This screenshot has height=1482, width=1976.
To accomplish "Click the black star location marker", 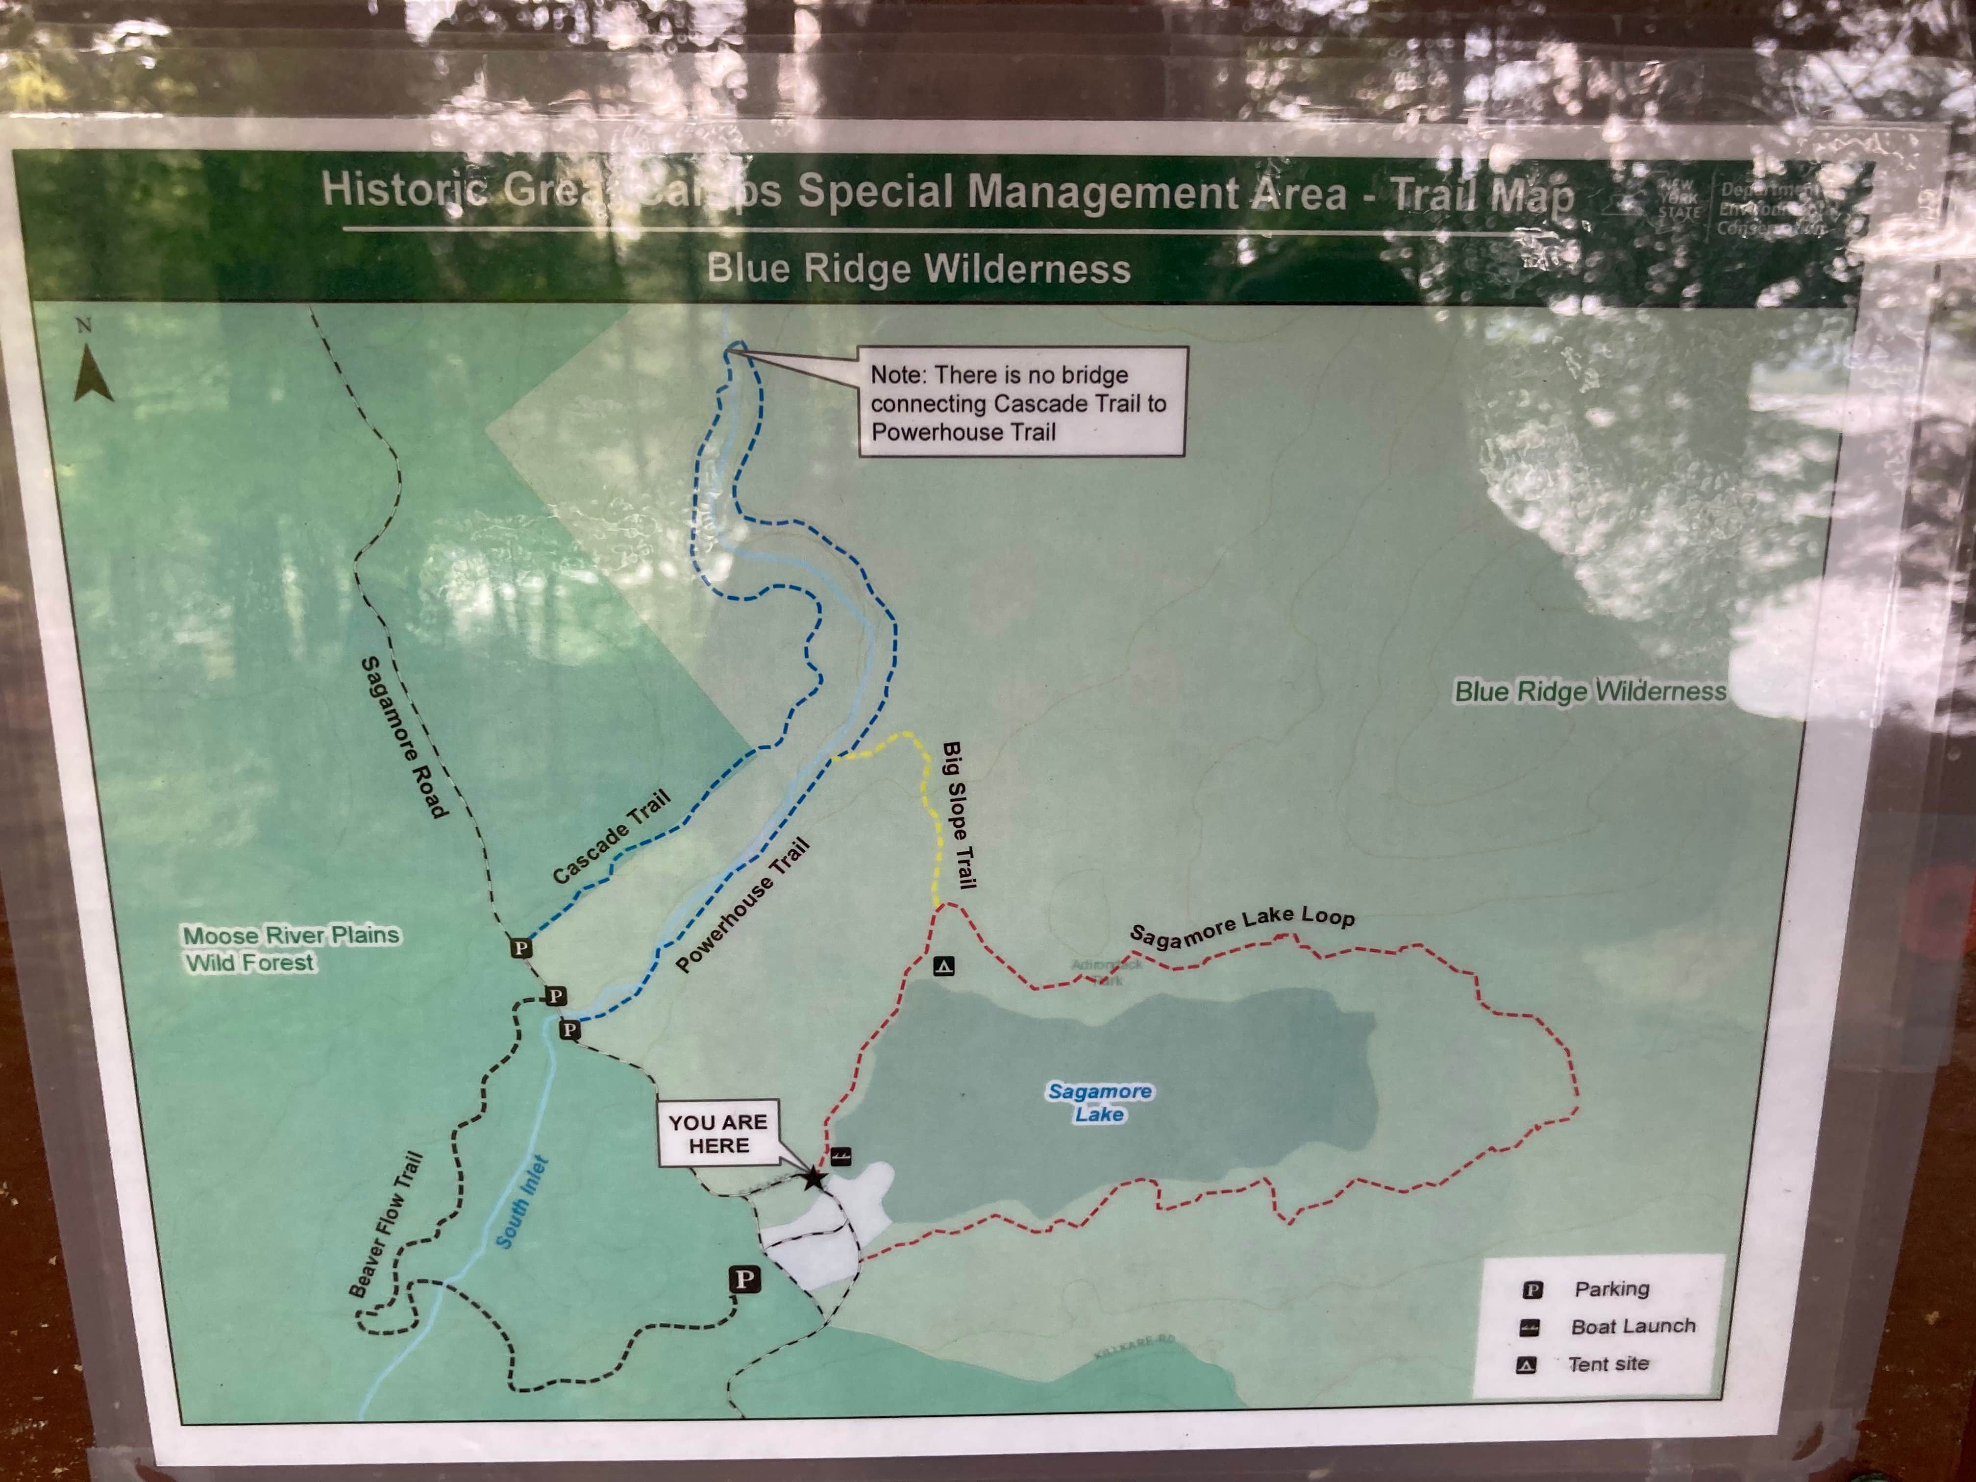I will tap(813, 1178).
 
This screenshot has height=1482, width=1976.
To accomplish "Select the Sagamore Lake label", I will tap(1100, 1102).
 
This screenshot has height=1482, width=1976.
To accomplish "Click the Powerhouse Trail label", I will tap(742, 905).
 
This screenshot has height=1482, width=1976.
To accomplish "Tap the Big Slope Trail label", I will tap(959, 815).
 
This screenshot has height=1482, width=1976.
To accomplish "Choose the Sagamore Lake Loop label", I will tap(1242, 925).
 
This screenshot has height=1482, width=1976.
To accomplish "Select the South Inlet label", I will tap(522, 1202).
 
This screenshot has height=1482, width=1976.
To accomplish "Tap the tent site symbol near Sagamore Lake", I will tap(944, 965).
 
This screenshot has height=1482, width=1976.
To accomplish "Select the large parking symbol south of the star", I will tap(745, 1279).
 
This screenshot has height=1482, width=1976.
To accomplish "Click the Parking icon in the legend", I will tap(1532, 1289).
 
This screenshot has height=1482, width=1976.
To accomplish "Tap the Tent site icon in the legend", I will tap(1527, 1365).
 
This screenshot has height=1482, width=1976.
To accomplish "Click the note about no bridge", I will tap(1022, 403).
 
